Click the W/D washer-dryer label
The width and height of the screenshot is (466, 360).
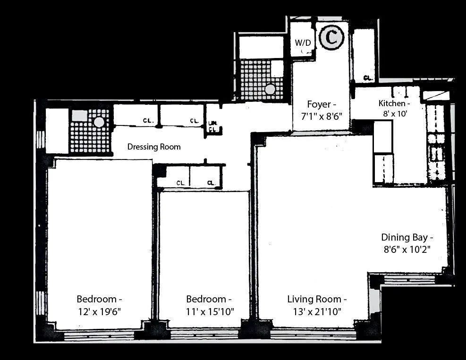(303, 43)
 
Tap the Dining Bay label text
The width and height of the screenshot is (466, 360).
(407, 237)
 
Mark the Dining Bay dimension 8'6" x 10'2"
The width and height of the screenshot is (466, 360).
(407, 248)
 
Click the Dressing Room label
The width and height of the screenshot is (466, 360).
(154, 147)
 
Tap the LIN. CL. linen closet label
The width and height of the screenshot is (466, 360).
(212, 126)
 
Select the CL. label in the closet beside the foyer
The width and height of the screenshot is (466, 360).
(368, 78)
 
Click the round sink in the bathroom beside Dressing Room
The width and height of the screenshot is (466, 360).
(99, 122)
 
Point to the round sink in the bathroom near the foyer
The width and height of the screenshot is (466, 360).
(270, 89)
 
